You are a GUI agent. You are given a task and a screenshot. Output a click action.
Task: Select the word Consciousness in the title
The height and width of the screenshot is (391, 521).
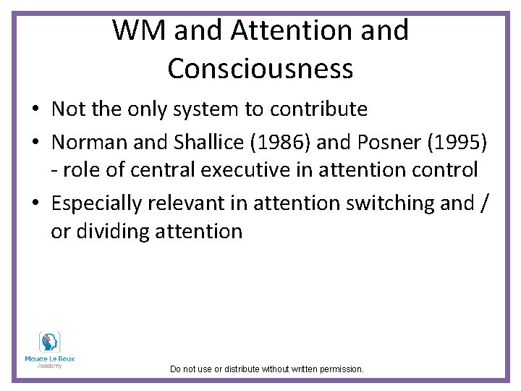point(260,69)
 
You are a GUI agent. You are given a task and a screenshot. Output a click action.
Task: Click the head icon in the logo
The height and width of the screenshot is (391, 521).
point(49,342)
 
